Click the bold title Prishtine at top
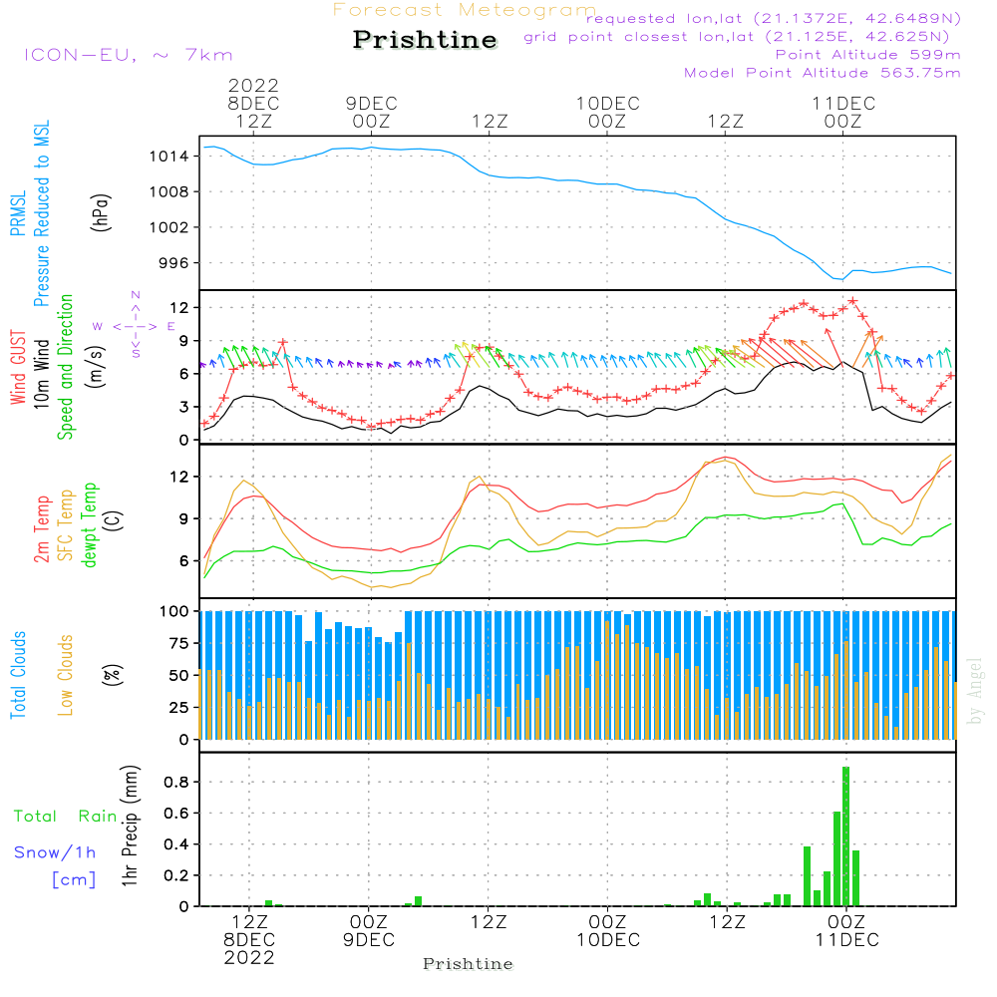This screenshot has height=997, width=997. pyautogui.click(x=425, y=40)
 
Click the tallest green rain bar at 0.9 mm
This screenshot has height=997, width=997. pyautogui.click(x=846, y=835)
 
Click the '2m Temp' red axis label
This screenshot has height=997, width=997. pyautogui.click(x=41, y=526)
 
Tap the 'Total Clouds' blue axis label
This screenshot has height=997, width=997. pyautogui.click(x=18, y=675)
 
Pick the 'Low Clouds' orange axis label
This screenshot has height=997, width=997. pyautogui.click(x=66, y=675)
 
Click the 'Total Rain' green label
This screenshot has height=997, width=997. pyautogui.click(x=66, y=817)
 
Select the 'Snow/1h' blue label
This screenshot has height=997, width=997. pyautogui.click(x=55, y=852)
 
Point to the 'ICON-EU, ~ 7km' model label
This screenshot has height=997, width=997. pyautogui.click(x=128, y=55)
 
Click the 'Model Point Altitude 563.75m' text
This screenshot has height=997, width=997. pyautogui.click(x=823, y=73)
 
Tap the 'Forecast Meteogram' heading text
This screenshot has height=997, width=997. pyautogui.click(x=465, y=10)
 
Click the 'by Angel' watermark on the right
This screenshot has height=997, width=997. pyautogui.click(x=976, y=691)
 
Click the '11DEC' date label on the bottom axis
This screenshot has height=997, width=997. pyautogui.click(x=846, y=940)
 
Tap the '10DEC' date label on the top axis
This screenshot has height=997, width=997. pyautogui.click(x=607, y=103)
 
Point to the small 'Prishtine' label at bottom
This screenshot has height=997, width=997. pyautogui.click(x=468, y=964)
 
